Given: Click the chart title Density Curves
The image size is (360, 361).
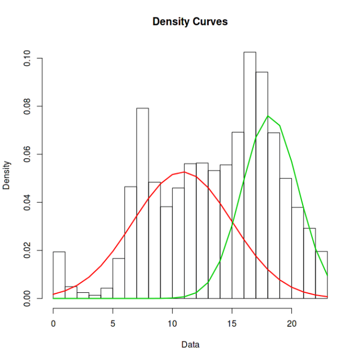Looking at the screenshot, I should pos(190,22).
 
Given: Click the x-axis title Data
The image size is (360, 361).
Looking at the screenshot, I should pos(190,344).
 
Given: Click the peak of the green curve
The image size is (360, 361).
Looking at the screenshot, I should pos(268,116).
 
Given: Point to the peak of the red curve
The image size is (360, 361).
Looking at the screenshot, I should pos(184,172).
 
